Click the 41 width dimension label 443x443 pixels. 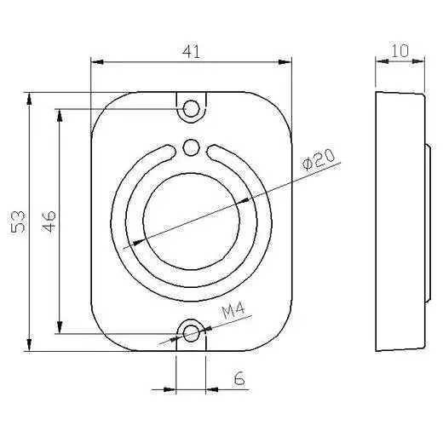191,52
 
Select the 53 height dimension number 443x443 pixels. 18,221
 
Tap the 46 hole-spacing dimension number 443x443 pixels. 49,221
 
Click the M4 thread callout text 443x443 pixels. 233,310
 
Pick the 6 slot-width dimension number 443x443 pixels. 239,378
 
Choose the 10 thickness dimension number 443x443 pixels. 400,51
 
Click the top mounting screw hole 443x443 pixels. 191,108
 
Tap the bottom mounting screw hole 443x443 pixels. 191,334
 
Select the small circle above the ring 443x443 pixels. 191,147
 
